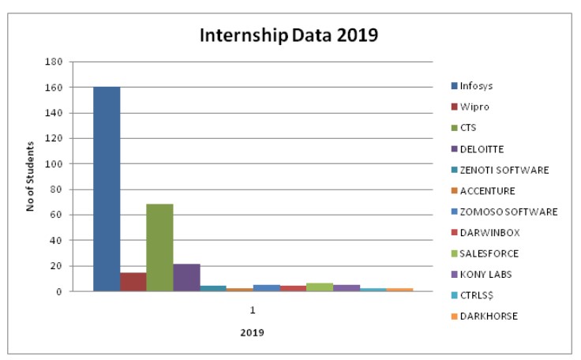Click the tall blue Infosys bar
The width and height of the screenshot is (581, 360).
[107, 189]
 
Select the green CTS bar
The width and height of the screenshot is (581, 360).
[159, 248]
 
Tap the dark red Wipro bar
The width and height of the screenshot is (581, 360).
[133, 282]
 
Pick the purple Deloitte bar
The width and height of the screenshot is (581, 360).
[187, 278]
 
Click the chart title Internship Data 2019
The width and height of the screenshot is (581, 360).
[289, 36]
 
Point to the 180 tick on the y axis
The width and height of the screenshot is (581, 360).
[54, 62]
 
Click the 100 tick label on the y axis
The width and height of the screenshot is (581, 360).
[54, 164]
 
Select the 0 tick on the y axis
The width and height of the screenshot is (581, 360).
[59, 292]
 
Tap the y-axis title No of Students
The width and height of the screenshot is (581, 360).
[30, 177]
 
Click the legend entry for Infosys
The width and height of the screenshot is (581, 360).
[472, 86]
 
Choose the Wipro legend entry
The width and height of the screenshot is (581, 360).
[470, 107]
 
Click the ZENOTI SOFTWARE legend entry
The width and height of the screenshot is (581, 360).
[500, 170]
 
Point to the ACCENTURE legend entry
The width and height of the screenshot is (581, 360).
[483, 191]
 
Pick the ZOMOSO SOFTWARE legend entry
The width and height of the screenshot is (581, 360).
[504, 212]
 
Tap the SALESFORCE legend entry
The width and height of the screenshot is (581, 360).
[485, 253]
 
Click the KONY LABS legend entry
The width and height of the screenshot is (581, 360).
[482, 275]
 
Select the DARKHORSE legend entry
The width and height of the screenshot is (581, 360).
[485, 317]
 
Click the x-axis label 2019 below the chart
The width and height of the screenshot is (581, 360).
[253, 332]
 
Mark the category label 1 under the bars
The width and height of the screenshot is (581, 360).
[253, 310]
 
